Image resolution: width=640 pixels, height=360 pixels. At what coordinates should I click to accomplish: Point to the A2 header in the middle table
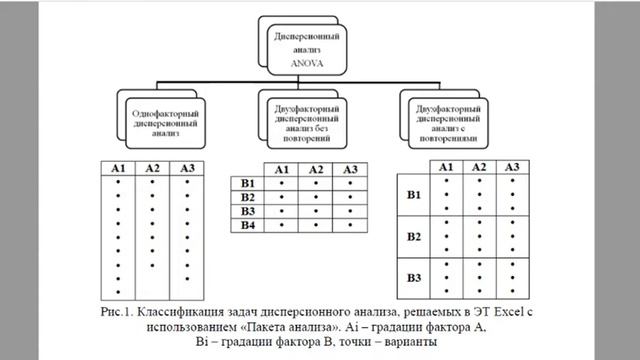pyautogui.click(x=315, y=169)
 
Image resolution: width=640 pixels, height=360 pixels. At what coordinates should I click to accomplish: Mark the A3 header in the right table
pyautogui.click(x=511, y=166)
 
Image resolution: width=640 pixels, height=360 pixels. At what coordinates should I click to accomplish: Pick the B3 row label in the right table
pyautogui.click(x=412, y=273)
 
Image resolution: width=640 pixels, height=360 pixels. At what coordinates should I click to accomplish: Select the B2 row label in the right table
pyautogui.click(x=412, y=236)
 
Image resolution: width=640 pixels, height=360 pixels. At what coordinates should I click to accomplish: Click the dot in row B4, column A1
pyautogui.click(x=282, y=226)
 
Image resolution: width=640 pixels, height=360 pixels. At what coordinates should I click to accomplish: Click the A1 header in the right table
pyautogui.click(x=446, y=166)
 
